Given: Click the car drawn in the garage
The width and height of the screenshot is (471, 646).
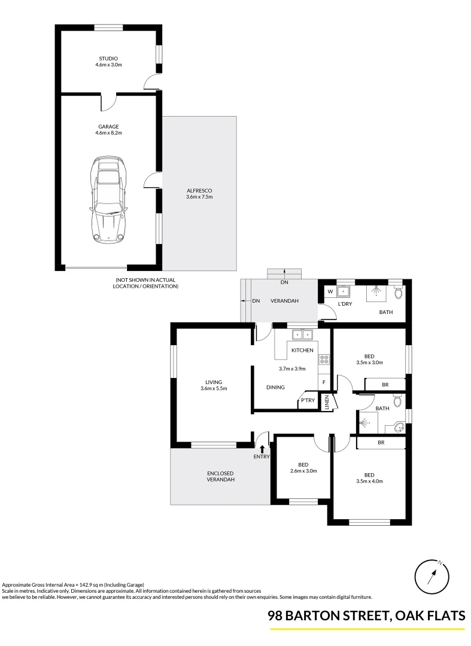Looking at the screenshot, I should tap(108, 200).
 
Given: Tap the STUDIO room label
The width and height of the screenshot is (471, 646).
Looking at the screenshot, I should tap(109, 59).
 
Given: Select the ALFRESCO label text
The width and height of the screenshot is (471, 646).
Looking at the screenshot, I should tap(199, 190).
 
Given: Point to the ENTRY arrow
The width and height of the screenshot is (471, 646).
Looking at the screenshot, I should tap(262, 448).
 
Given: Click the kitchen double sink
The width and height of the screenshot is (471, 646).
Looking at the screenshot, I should tap(303, 334).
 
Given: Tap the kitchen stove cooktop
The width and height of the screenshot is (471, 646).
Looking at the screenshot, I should tap(324, 359).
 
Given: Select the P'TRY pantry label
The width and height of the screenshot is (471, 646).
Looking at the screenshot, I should tap(308, 401).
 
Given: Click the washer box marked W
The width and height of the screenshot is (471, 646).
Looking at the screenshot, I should tap(330, 292).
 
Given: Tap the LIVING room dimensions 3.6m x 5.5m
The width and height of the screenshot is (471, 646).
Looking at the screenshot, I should tap(214, 388).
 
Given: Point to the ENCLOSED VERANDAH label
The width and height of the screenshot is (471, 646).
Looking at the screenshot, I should tap(221, 476).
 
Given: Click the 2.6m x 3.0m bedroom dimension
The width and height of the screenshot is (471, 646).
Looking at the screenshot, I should tap(303, 471).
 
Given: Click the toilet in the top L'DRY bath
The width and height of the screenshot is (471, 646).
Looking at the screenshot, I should tap(399, 293).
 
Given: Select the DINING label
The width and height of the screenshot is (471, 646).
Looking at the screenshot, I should tap(275, 388).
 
